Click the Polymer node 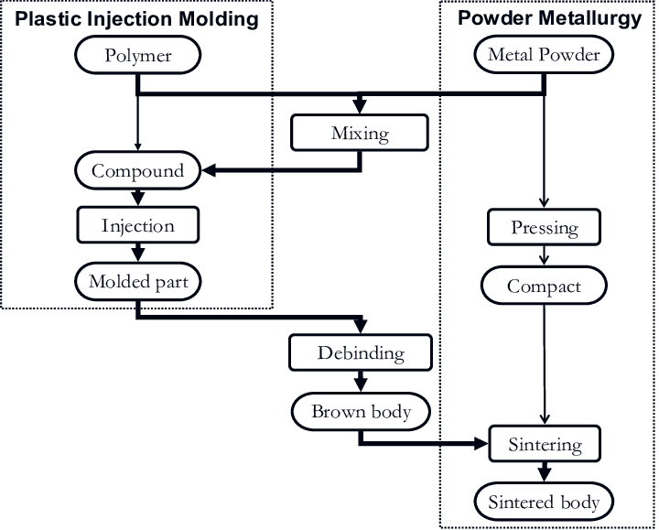[x=137, y=56]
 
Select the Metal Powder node [x=544, y=55]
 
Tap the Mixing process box [x=359, y=134]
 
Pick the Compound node [x=137, y=170]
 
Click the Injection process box [x=137, y=225]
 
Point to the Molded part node [x=137, y=281]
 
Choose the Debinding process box [x=360, y=352]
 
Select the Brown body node [x=361, y=411]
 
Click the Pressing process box [x=544, y=227]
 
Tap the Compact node [x=544, y=287]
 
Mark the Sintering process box [x=544, y=446]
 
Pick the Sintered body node [x=544, y=502]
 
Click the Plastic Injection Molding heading [x=137, y=18]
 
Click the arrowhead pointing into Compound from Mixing [x=209, y=170]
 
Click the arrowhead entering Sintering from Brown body [x=482, y=446]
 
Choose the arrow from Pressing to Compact [x=544, y=256]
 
